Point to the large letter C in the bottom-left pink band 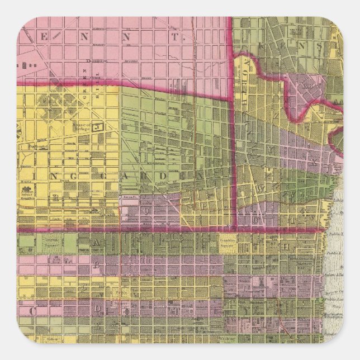pos(26,309)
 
